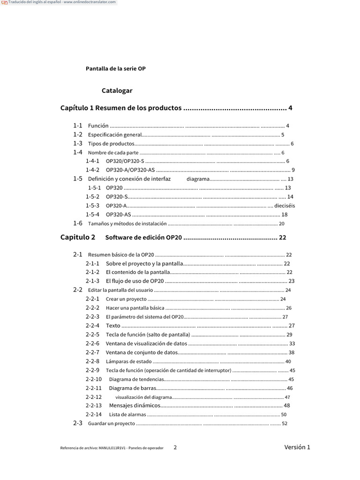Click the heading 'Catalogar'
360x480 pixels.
[x=117, y=90]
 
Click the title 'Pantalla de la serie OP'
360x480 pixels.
[x=115, y=68]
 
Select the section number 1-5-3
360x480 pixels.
[x=92, y=205]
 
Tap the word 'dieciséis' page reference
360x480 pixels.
[x=285, y=205]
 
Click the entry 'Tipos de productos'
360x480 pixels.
[x=111, y=144]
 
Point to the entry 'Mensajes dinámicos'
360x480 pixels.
[x=134, y=405]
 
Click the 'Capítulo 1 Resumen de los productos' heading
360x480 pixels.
[x=121, y=108]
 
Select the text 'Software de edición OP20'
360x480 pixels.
[x=143, y=238]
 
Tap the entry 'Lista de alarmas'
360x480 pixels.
[x=127, y=415]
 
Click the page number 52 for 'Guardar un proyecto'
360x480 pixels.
[x=285, y=424]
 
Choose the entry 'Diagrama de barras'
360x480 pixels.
[x=132, y=388]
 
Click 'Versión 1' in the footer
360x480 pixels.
[x=297, y=447]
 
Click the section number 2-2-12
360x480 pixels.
[x=94, y=397]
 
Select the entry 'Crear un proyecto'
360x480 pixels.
[x=126, y=299]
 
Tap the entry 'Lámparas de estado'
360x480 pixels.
[x=129, y=361]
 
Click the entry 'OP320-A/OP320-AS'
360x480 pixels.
[x=130, y=170]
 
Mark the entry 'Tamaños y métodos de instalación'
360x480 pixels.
[x=127, y=224]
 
